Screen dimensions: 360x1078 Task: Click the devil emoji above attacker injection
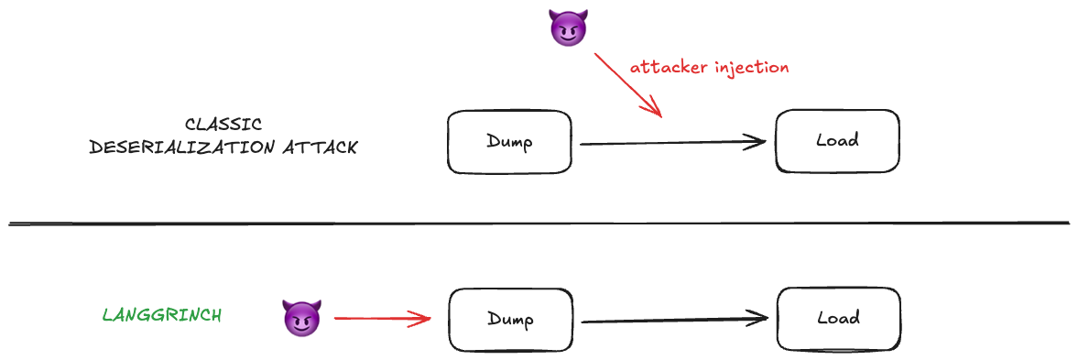tap(567, 29)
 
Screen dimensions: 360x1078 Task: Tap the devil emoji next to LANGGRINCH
tap(301, 318)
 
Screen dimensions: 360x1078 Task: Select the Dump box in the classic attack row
tap(509, 142)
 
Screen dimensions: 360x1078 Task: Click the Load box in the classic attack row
tap(837, 141)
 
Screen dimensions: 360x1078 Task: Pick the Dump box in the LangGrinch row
tap(510, 319)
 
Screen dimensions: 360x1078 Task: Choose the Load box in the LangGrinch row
tap(838, 319)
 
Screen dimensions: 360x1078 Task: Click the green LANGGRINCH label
tap(161, 315)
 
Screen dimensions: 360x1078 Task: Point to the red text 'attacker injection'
tap(709, 67)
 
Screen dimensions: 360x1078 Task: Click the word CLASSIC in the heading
tap(223, 125)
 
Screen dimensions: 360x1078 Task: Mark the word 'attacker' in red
tap(666, 67)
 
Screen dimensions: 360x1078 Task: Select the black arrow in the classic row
tap(672, 143)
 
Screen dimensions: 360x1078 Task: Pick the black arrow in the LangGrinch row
tap(674, 320)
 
